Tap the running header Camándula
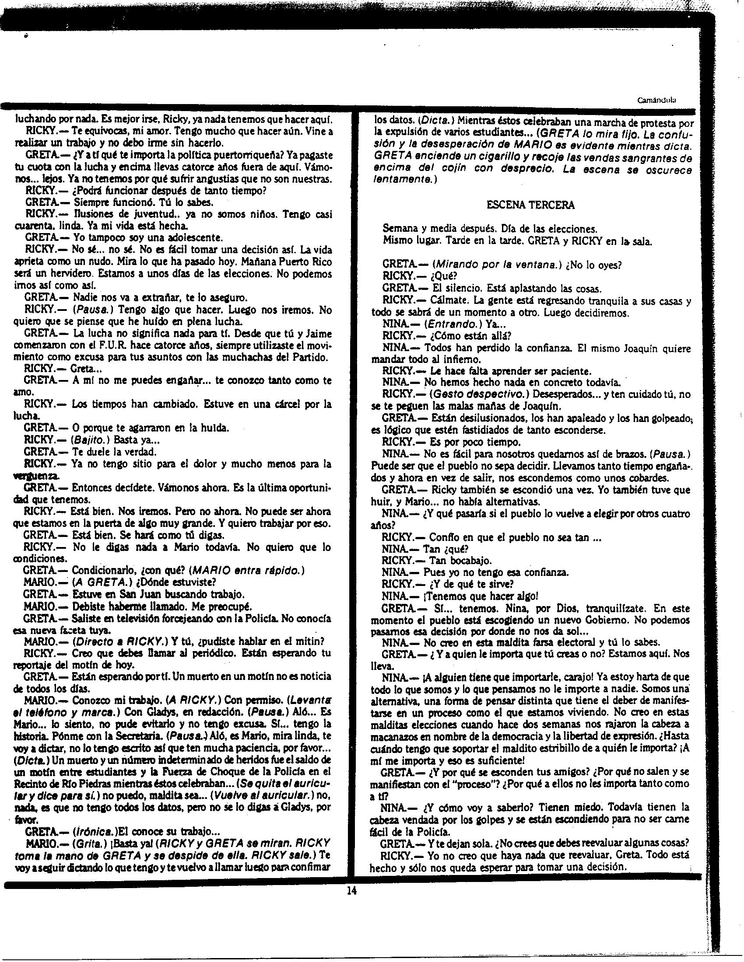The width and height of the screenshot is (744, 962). pyautogui.click(x=657, y=100)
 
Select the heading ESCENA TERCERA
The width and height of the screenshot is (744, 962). pyautogui.click(x=530, y=205)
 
